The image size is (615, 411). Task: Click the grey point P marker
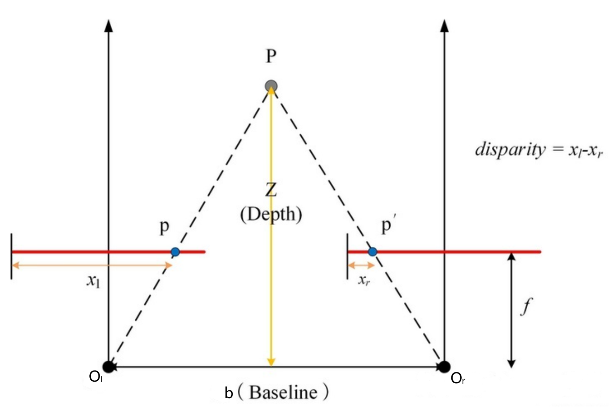(x=271, y=86)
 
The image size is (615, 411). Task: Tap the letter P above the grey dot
(x=271, y=56)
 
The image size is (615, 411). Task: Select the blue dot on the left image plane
(x=175, y=252)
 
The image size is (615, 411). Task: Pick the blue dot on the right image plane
(x=372, y=252)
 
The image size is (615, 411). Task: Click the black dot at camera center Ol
(x=108, y=367)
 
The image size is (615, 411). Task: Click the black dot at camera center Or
(x=444, y=367)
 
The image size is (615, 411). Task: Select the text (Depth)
(x=271, y=215)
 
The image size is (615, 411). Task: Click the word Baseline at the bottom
(x=283, y=392)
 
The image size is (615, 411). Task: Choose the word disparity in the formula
(x=510, y=150)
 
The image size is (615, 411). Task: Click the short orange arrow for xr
(x=361, y=265)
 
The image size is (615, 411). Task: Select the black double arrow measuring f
(x=512, y=310)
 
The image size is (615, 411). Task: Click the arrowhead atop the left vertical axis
(x=109, y=26)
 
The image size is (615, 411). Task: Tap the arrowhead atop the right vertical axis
(x=444, y=26)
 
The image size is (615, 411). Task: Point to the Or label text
(x=457, y=379)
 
